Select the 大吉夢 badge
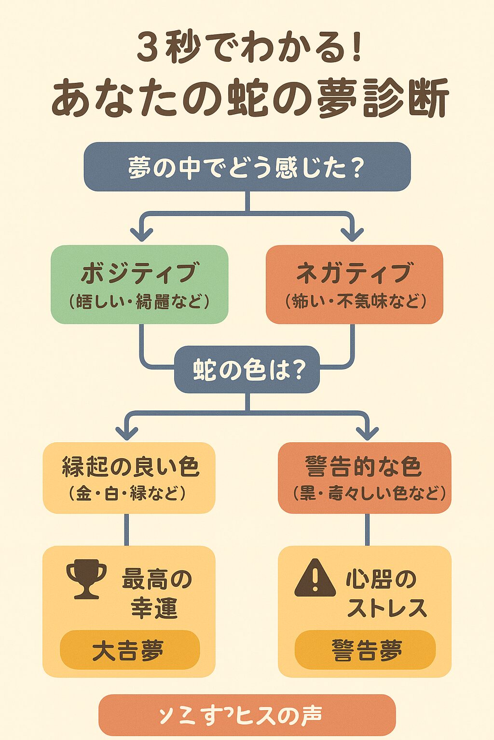[129, 650]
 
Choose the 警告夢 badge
[365, 650]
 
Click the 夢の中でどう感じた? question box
[247, 167]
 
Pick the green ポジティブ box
[139, 284]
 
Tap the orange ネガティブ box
[355, 284]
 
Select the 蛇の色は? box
[247, 370]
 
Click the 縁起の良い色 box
[129, 477]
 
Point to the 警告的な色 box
[365, 477]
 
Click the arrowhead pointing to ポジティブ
[142, 235]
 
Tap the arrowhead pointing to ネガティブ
[353, 235]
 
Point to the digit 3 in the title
[148, 49]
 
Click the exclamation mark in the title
[357, 48]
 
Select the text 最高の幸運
[155, 593]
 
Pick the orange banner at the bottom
[247, 715]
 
